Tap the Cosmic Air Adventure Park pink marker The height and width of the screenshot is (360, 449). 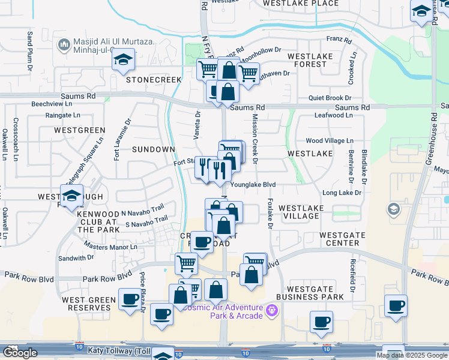[x=272, y=310]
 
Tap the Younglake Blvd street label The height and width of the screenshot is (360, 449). [x=253, y=185]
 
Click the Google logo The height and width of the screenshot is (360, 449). [x=20, y=353]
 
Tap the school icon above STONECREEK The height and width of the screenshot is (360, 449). [x=123, y=59]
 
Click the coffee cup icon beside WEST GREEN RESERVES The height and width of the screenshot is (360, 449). [x=129, y=299]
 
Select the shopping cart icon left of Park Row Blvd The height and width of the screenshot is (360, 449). [x=186, y=262]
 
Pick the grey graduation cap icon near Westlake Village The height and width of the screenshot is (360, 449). [x=394, y=209]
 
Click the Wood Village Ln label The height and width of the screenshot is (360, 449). [x=330, y=140]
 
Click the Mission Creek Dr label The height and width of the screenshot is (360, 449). [x=255, y=139]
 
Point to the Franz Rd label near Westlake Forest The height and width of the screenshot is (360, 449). [x=338, y=40]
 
